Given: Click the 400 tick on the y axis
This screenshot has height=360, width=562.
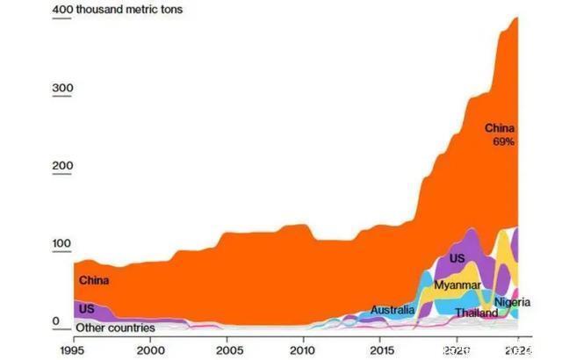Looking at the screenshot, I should (61, 11).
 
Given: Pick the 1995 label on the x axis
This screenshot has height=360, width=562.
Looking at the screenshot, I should (74, 349).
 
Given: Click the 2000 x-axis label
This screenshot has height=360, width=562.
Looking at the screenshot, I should (150, 349).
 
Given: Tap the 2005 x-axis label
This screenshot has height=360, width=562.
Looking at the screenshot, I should (227, 349).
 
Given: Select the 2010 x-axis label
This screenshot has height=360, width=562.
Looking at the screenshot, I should (303, 349).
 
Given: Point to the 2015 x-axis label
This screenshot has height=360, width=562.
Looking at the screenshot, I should (379, 349).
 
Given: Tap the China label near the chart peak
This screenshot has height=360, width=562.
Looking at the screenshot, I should (500, 129).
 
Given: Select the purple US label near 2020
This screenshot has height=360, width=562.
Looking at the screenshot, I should (457, 259).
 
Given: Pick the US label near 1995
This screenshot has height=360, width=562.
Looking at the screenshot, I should (86, 309).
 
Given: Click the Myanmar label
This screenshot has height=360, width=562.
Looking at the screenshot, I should (457, 285).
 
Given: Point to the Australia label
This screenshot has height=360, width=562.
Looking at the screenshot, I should (392, 310).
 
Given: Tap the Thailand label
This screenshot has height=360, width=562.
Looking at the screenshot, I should (476, 313).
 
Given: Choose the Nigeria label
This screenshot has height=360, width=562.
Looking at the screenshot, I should (513, 303).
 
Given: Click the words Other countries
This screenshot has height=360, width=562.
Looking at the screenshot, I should (115, 328).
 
